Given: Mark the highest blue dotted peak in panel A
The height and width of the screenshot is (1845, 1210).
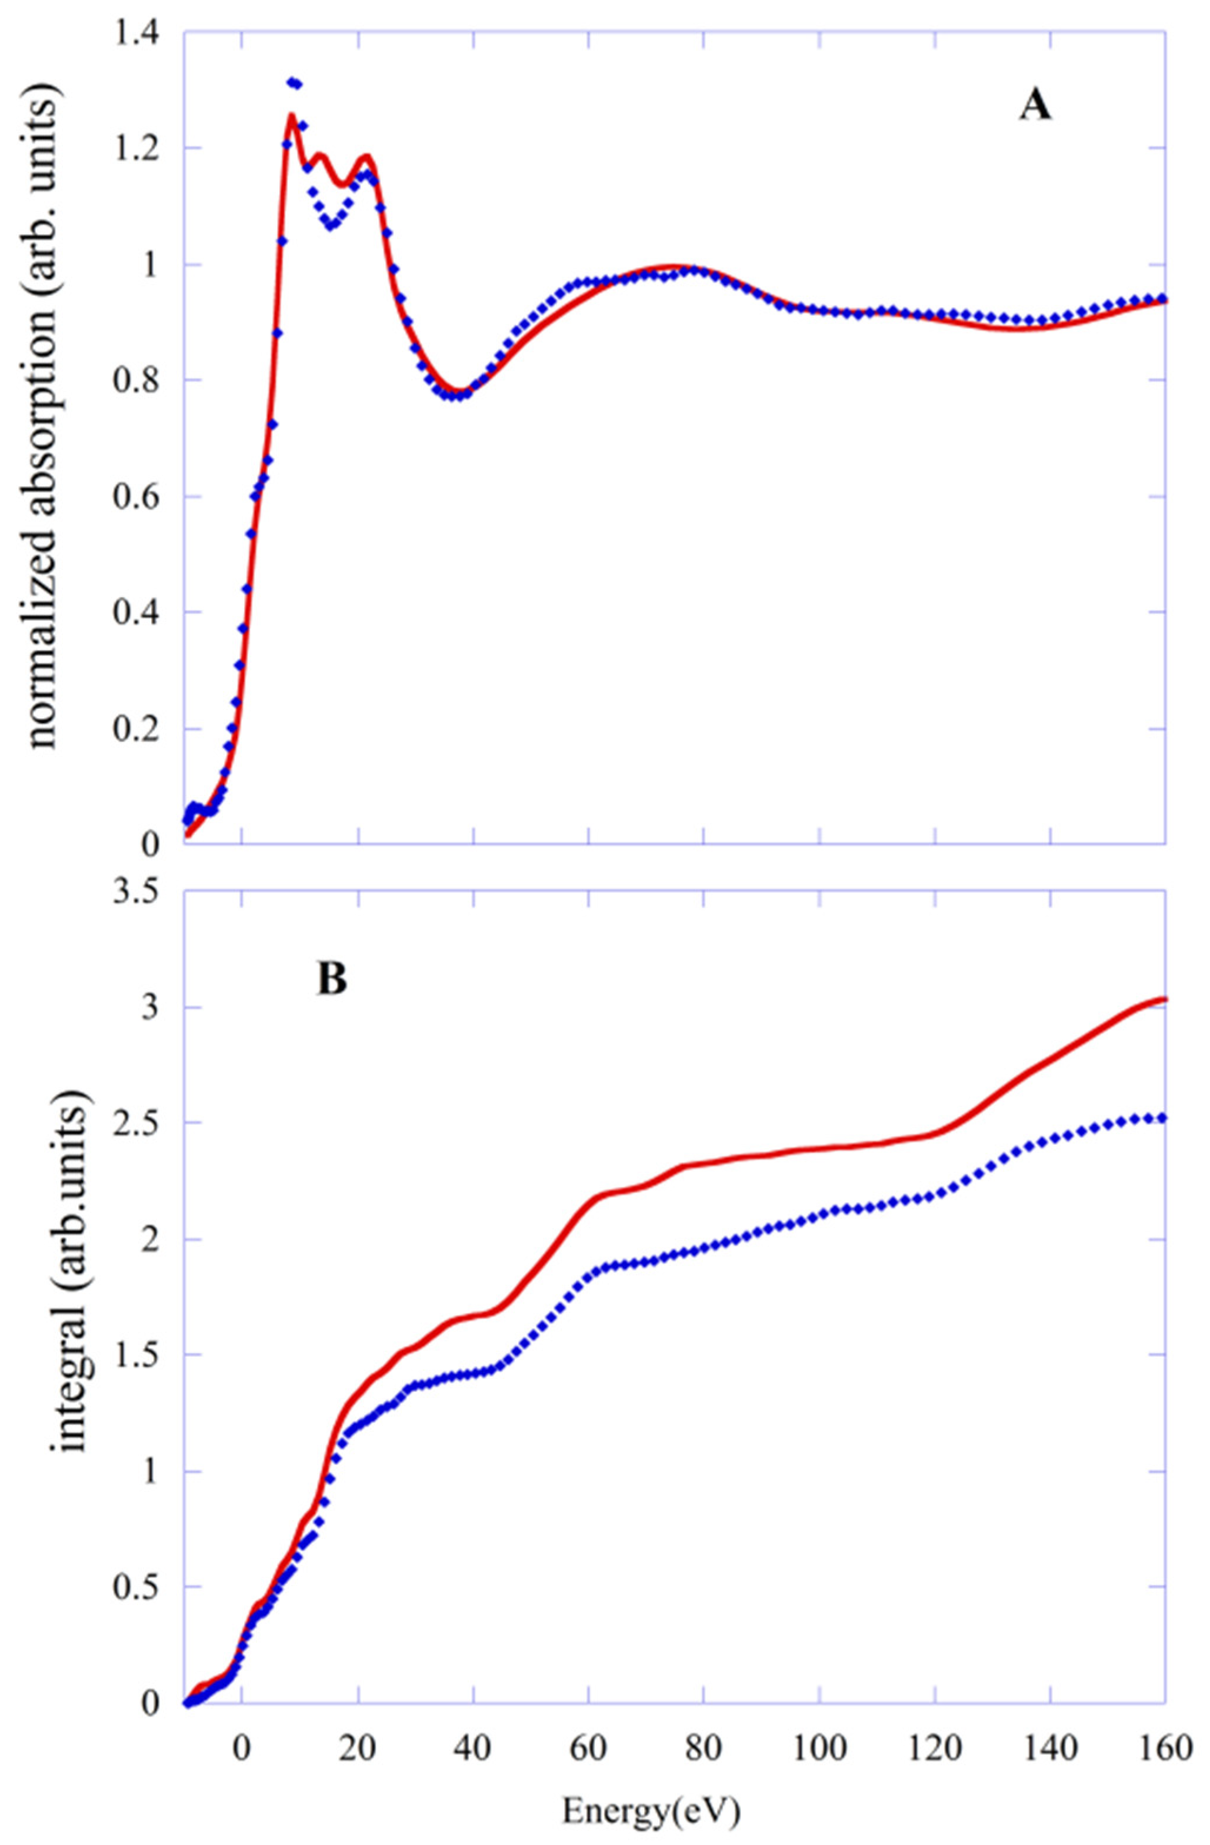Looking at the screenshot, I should [x=293, y=82].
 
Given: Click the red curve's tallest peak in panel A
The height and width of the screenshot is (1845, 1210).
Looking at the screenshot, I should [x=291, y=116].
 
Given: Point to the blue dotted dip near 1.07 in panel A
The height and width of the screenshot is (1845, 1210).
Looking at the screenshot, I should [x=332, y=225].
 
